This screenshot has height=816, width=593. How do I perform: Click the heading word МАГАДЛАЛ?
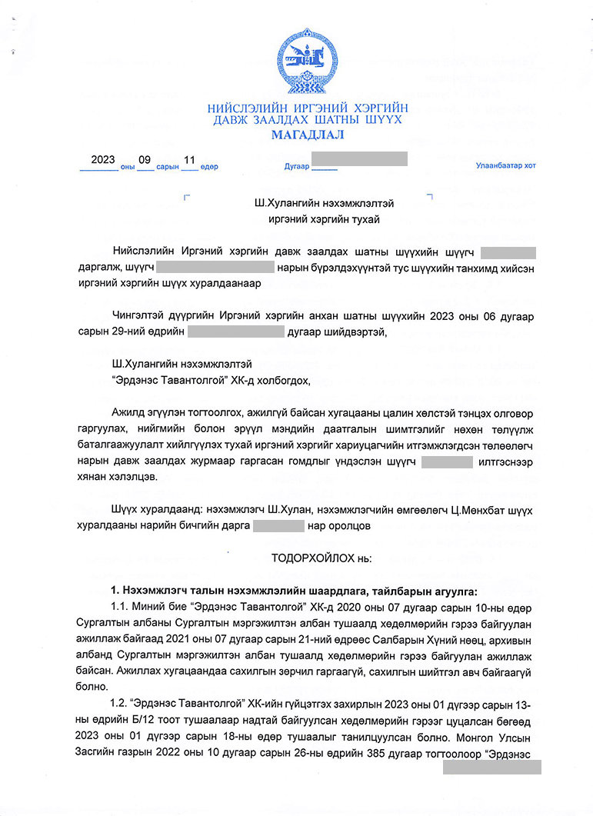(308, 135)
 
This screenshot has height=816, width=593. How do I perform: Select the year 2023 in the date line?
(102, 160)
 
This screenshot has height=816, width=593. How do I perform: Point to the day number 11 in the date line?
(189, 160)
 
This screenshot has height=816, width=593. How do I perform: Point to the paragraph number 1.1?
(122, 606)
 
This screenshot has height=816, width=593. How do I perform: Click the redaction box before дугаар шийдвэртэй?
(235, 332)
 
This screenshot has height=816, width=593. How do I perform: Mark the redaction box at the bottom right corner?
(492, 767)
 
